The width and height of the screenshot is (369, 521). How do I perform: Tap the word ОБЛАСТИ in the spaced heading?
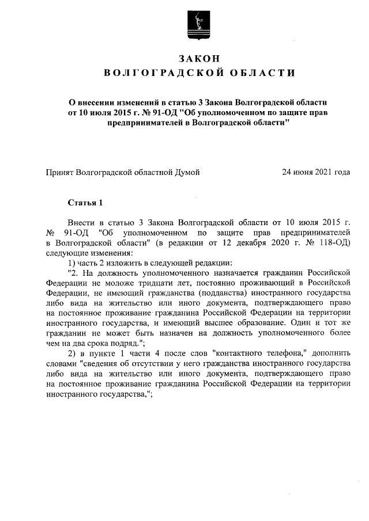(x=255, y=73)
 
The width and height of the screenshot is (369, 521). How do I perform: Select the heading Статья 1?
(x=85, y=203)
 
